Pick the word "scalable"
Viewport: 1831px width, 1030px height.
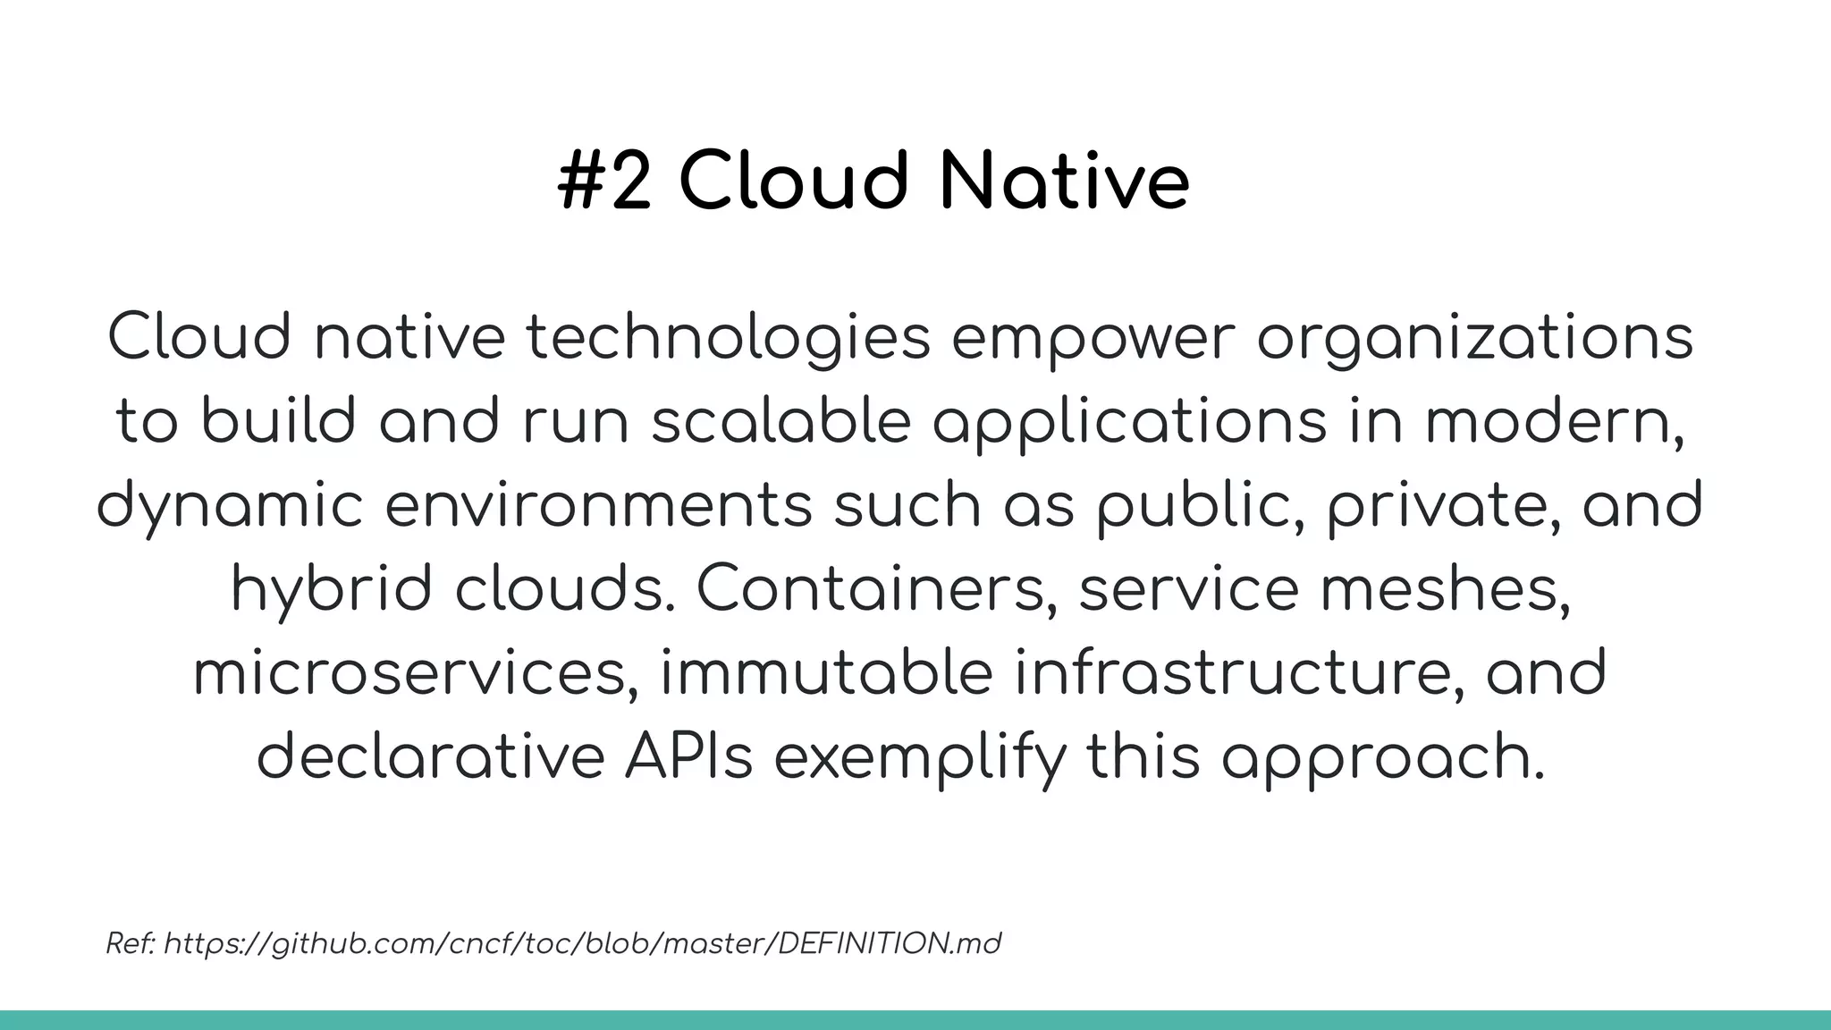pos(780,422)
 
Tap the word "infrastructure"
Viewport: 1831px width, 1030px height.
pos(1239,673)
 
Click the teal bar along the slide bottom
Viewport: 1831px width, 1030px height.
pos(915,1020)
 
